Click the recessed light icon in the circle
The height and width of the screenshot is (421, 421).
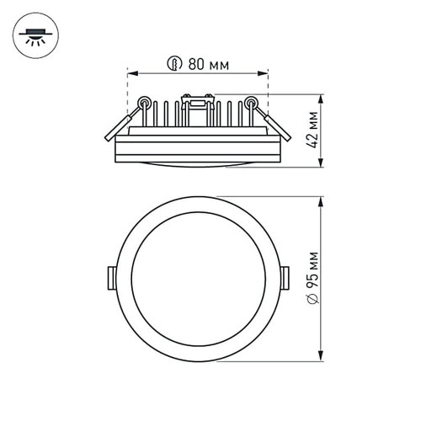click(x=35, y=35)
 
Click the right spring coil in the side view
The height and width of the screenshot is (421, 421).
click(x=250, y=104)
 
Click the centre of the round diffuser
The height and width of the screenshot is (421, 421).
click(x=197, y=278)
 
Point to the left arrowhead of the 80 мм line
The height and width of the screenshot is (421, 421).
click(x=131, y=73)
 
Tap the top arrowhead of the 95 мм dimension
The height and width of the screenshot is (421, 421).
click(x=324, y=199)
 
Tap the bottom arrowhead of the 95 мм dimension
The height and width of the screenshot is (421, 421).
click(x=324, y=358)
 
